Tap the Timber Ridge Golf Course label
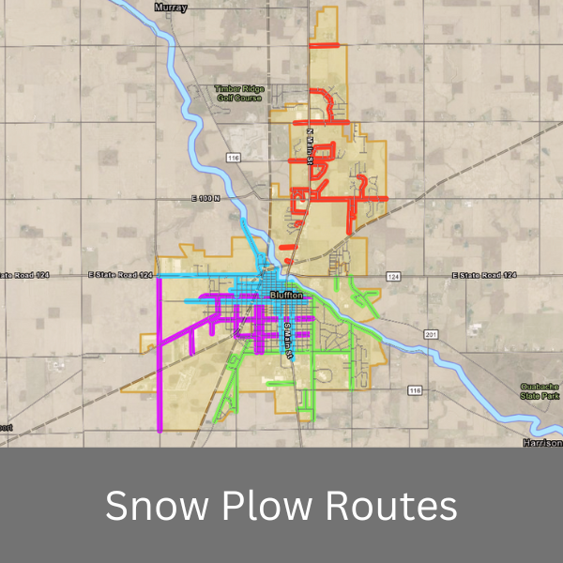pyautogui.click(x=240, y=92)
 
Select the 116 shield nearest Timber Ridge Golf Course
pyautogui.click(x=234, y=157)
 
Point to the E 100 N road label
pyautogui.click(x=203, y=199)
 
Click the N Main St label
pyautogui.click(x=310, y=145)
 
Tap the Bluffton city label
pyautogui.click(x=286, y=295)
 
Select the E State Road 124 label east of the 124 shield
pyautogui.click(x=484, y=275)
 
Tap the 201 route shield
pyautogui.click(x=431, y=334)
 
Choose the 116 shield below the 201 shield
pyautogui.click(x=414, y=388)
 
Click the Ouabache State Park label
pyautogui.click(x=541, y=391)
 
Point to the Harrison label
pyautogui.click(x=542, y=442)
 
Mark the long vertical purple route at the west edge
pyautogui.click(x=160, y=357)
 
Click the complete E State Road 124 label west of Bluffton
pyautogui.click(x=119, y=275)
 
